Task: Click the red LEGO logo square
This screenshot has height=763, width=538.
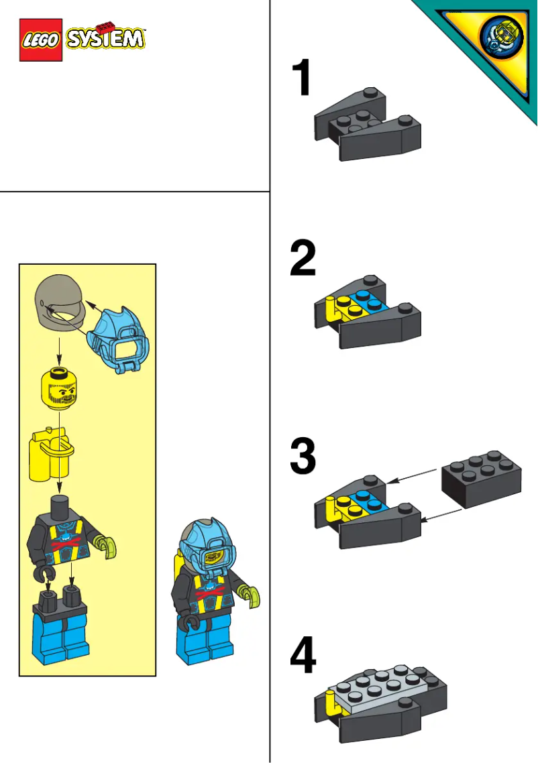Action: pos(41,40)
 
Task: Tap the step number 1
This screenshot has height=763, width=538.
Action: pos(303,78)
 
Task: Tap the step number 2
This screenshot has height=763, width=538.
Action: pos(303,259)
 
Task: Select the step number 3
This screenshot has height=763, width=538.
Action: pos(303,457)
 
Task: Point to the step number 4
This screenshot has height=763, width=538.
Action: pos(303,655)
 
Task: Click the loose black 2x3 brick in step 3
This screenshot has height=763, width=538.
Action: pos(480,477)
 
